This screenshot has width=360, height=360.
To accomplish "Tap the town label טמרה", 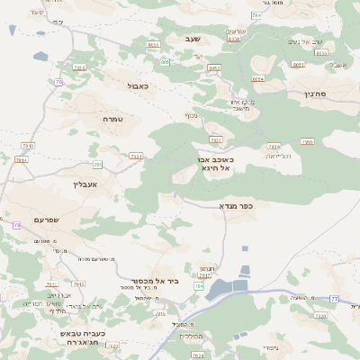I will pos(113,119).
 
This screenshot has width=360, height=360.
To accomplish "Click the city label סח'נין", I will pos(321,93).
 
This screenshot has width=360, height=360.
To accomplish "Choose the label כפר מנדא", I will pos(237,206).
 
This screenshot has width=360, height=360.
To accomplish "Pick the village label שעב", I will pos(190,39).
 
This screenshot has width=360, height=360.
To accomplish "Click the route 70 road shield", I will pos(59,82).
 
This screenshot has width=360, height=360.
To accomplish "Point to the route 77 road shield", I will pos(334,298).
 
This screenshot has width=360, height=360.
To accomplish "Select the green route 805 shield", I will pos(166,62).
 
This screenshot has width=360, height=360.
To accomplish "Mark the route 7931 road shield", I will pos(28,145).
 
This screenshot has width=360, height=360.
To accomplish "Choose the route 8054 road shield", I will pos(258,78).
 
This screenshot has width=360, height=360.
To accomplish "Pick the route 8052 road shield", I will pos(153,44).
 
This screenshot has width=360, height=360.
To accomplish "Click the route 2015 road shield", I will pos(160,314).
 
